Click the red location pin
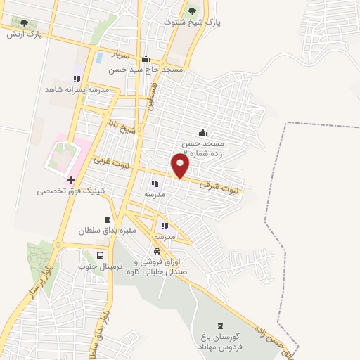tap(181, 166)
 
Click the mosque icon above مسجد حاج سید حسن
tap(146, 59)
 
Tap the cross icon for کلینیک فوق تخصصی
tap(72, 180)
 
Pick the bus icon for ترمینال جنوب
tap(101, 255)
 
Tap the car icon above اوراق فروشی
tap(156, 251)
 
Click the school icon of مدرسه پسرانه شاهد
tap(77, 79)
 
